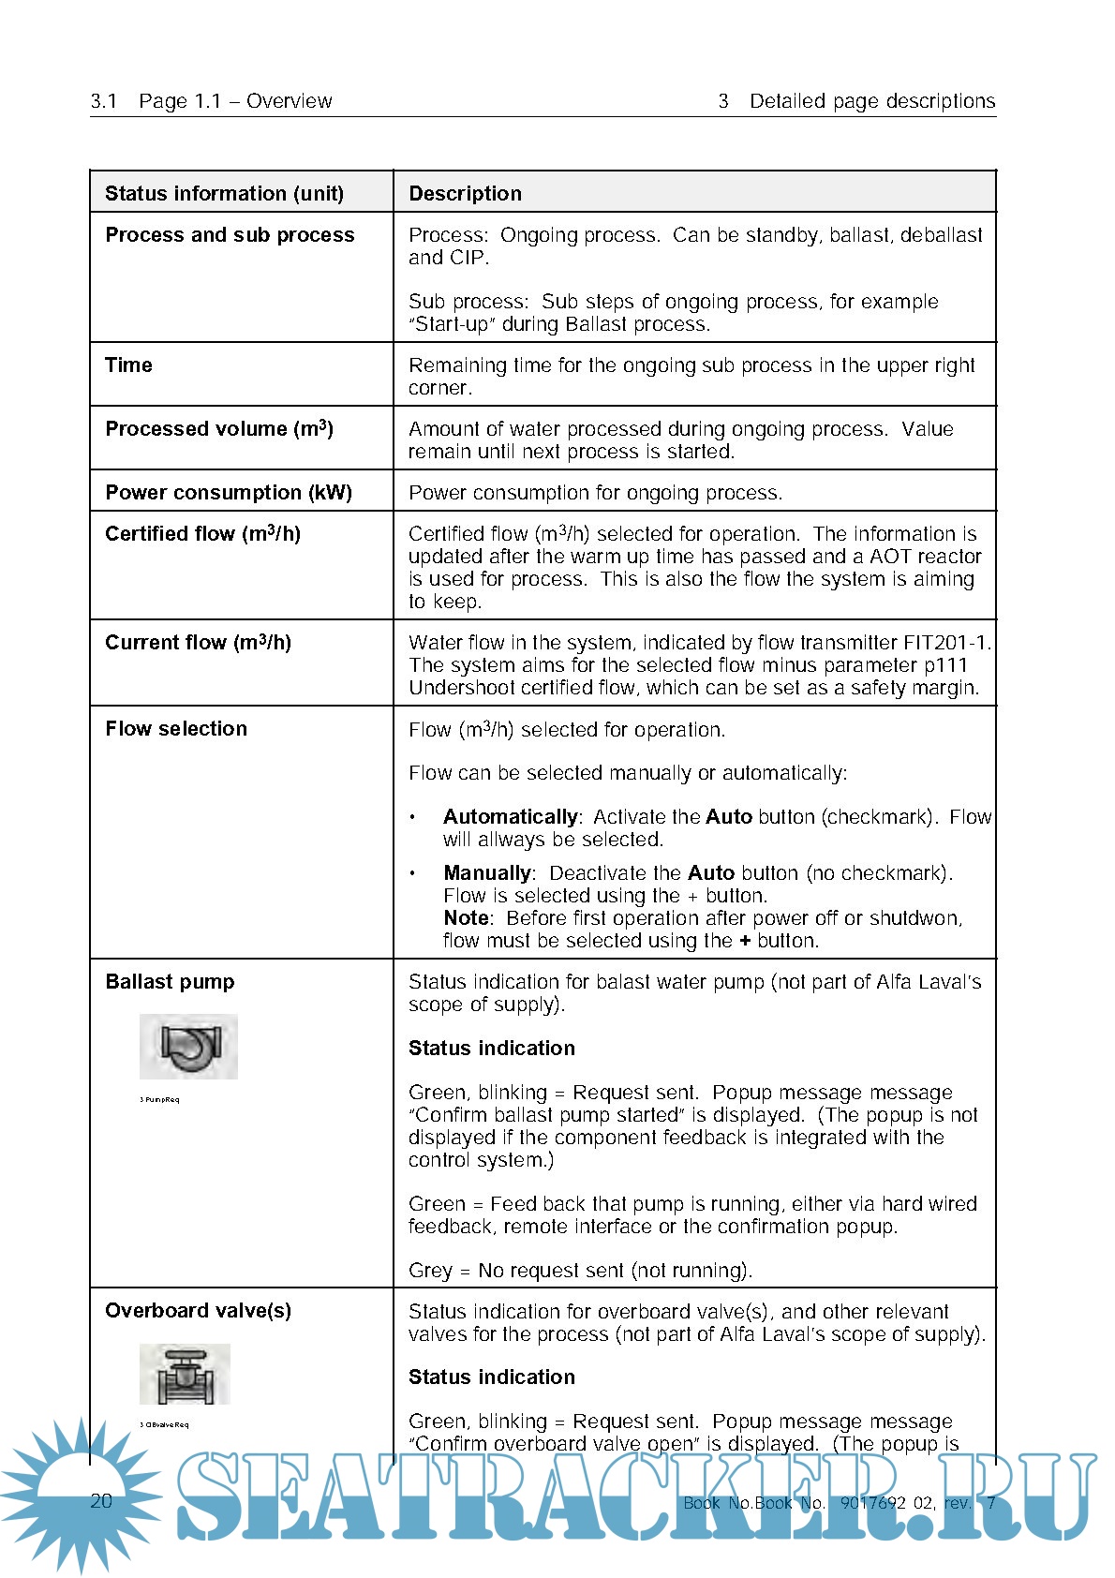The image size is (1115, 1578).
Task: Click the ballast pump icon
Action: (188, 1046)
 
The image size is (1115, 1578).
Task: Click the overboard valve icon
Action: (185, 1374)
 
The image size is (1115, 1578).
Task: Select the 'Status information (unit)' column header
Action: (224, 194)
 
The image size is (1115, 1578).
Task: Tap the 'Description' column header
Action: (465, 194)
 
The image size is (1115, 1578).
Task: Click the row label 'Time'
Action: (128, 365)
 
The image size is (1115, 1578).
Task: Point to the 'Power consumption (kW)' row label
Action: (229, 493)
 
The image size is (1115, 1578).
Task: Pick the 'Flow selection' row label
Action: (176, 729)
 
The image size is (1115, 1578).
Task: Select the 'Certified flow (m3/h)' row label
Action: (202, 534)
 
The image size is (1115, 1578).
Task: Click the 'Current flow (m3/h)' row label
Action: (198, 643)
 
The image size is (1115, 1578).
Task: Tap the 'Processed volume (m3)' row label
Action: (219, 429)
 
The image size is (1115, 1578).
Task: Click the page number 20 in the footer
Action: (101, 1501)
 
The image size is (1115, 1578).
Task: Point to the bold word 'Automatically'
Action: (511, 817)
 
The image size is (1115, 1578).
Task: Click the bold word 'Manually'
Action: (487, 873)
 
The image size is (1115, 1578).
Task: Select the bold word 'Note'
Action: (466, 918)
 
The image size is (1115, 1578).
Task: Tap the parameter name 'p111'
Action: (945, 665)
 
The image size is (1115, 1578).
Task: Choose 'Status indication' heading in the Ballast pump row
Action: (492, 1049)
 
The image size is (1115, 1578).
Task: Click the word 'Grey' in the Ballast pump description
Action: (430, 1271)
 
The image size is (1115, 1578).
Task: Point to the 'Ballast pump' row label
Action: (170, 982)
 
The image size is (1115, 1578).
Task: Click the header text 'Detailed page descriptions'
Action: (871, 101)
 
